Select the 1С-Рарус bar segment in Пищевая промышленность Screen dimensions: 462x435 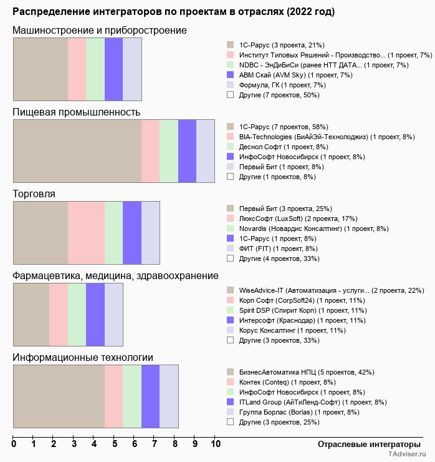[x=77, y=150]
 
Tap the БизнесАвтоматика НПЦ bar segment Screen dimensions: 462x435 [x=59, y=396]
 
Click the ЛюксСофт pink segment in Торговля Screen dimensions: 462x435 [x=86, y=232]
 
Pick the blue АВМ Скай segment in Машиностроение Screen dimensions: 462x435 [x=113, y=69]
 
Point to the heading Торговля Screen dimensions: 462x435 [x=34, y=194]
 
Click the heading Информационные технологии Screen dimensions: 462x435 [x=83, y=357]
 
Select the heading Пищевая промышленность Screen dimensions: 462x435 [x=77, y=112]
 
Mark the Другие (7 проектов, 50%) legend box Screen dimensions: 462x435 [x=230, y=95]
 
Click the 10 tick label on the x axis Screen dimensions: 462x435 [x=215, y=445]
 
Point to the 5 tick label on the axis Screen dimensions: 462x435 [x=114, y=445]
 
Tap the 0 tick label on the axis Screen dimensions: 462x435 [x=14, y=445]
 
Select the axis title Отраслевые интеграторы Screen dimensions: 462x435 [x=365, y=444]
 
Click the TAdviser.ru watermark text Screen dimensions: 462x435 [x=406, y=455]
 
